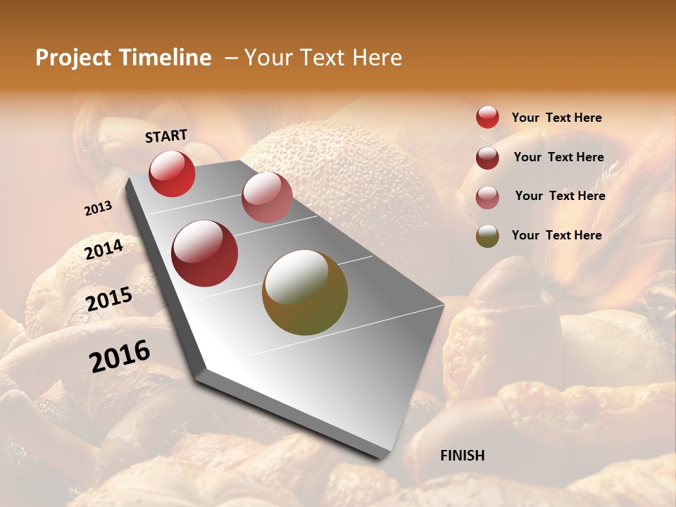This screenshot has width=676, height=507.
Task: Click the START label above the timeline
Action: click(x=166, y=136)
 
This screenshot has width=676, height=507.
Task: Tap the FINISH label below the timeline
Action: click(x=462, y=456)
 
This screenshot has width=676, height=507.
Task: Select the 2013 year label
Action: click(x=98, y=208)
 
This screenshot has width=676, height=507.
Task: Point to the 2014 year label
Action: click(x=104, y=249)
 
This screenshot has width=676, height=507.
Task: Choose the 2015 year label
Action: click(x=109, y=299)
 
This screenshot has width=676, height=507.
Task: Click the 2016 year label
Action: click(x=120, y=356)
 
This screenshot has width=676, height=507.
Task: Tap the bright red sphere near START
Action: click(x=172, y=173)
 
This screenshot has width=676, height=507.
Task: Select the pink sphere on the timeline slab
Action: click(x=267, y=196)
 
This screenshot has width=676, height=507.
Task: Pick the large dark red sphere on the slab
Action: click(x=205, y=254)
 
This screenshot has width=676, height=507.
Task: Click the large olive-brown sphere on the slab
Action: click(x=305, y=292)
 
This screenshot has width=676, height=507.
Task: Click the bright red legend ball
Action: click(x=487, y=117)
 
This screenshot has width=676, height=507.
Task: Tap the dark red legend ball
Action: click(x=487, y=157)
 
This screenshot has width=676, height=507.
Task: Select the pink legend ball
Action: click(x=487, y=196)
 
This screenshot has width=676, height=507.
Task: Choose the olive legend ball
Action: click(x=487, y=236)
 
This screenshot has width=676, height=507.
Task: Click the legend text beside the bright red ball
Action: click(x=556, y=118)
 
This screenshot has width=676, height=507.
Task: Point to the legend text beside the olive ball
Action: click(x=556, y=235)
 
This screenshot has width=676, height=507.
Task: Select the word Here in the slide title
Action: click(x=377, y=58)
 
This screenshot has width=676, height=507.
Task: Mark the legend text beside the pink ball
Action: click(x=560, y=196)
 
